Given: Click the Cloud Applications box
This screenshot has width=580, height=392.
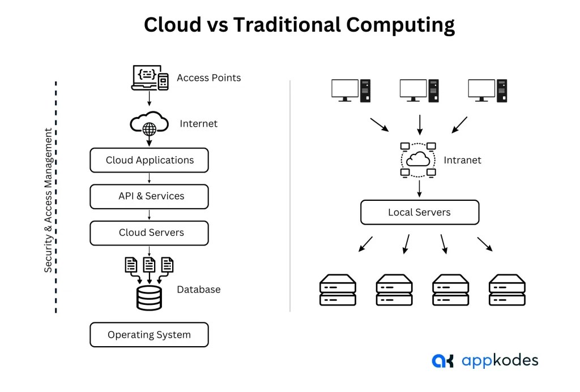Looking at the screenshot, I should [149, 160].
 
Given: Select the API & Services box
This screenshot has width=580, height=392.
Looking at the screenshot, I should [149, 196].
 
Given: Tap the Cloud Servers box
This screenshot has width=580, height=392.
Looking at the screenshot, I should [149, 232].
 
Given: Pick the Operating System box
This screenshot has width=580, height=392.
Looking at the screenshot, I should [149, 335].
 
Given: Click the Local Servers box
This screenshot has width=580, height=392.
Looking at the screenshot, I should [419, 213].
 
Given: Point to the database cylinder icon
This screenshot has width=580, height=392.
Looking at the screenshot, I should [149, 298].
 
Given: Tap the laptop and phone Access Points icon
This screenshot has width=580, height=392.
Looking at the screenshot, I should [150, 78].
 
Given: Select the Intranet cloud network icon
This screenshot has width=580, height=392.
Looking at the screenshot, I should [419, 160].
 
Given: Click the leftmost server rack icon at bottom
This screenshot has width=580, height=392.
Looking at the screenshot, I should [338, 290].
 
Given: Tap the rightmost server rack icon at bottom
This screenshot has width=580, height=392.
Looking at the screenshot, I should [507, 290].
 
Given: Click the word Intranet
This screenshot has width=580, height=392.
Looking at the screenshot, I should [463, 160].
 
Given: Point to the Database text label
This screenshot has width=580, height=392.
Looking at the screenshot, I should [198, 290].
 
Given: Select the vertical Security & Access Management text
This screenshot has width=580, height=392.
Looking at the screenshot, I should [49, 200].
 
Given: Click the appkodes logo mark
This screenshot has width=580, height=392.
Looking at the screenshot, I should [442, 361].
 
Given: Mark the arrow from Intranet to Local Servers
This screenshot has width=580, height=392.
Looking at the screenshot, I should [419, 188].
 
